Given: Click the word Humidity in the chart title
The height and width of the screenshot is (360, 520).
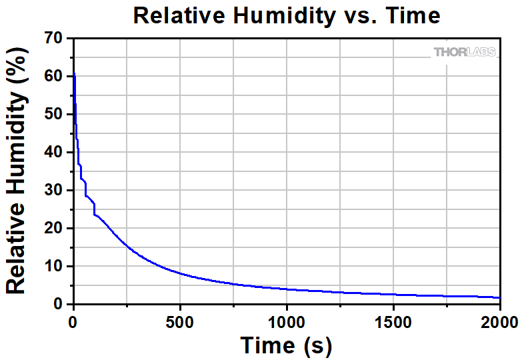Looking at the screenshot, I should [282, 15].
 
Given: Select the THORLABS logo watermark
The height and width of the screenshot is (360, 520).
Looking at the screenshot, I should [465, 52].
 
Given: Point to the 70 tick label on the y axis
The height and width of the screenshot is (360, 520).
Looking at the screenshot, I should [54, 39].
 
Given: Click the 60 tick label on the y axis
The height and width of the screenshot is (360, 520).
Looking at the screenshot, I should [54, 77].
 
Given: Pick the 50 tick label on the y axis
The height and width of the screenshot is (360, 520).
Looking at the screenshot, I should [54, 115].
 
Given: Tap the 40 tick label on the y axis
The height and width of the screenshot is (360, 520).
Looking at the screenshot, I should [54, 153].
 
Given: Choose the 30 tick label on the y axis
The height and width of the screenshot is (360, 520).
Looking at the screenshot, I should [54, 191].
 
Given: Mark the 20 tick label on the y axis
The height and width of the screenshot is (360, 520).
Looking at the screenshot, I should [54, 229].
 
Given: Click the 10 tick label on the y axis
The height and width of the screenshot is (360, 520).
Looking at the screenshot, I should [54, 267].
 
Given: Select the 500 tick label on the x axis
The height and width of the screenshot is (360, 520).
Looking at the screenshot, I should [180, 323].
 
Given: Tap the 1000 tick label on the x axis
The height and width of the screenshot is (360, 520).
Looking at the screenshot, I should [286, 323].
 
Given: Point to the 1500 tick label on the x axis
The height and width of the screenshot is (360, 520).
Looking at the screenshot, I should [393, 323].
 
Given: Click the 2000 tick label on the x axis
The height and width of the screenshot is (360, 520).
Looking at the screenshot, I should [499, 323].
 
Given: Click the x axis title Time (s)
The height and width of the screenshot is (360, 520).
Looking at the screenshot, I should [286, 345].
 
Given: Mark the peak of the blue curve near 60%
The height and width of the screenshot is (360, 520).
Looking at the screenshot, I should [74, 73].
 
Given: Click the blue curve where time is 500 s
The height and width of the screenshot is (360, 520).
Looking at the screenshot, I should [180, 273].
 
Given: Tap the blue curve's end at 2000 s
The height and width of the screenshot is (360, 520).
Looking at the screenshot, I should [499, 297].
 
